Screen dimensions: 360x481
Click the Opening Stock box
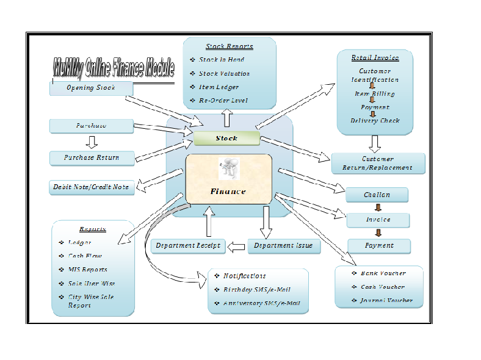click(x=91, y=88)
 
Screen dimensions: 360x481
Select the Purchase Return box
click(x=92, y=158)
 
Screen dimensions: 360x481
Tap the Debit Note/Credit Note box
click(x=92, y=187)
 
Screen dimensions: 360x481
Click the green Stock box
click(x=226, y=139)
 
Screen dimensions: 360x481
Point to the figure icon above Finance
click(x=229, y=168)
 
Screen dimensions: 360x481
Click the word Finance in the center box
click(x=228, y=192)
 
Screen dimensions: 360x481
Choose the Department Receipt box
click(x=188, y=246)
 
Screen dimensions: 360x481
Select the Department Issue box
click(x=283, y=246)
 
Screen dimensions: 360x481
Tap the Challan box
click(x=377, y=195)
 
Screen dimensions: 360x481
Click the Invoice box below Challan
click(x=378, y=220)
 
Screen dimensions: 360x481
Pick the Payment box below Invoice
click(x=379, y=246)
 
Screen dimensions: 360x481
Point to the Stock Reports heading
click(x=229, y=46)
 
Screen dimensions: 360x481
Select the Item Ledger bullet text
click(x=219, y=87)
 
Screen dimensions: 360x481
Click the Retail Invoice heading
click(x=375, y=58)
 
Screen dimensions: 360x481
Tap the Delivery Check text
click(x=375, y=121)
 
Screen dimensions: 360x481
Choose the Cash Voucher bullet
click(x=383, y=287)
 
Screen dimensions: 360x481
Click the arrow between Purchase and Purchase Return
click(x=92, y=142)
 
